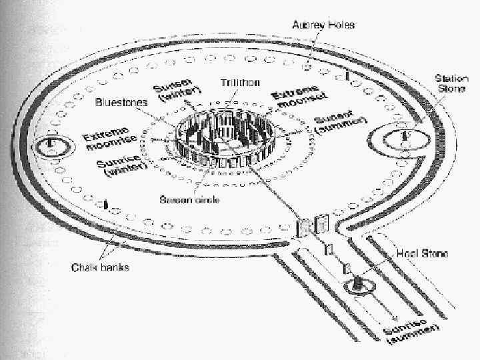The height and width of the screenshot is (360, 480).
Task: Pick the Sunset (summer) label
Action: point(340,124)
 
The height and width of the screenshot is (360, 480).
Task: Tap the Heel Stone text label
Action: point(421,254)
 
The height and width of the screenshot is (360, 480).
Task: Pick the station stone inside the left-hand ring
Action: point(51,145)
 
